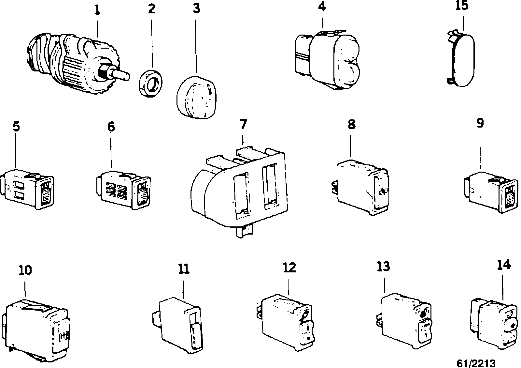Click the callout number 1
(x=97, y=10)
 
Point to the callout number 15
(x=462, y=6)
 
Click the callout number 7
(x=243, y=124)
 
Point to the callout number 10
(x=25, y=270)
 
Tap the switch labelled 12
(x=287, y=321)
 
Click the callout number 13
(x=383, y=267)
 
